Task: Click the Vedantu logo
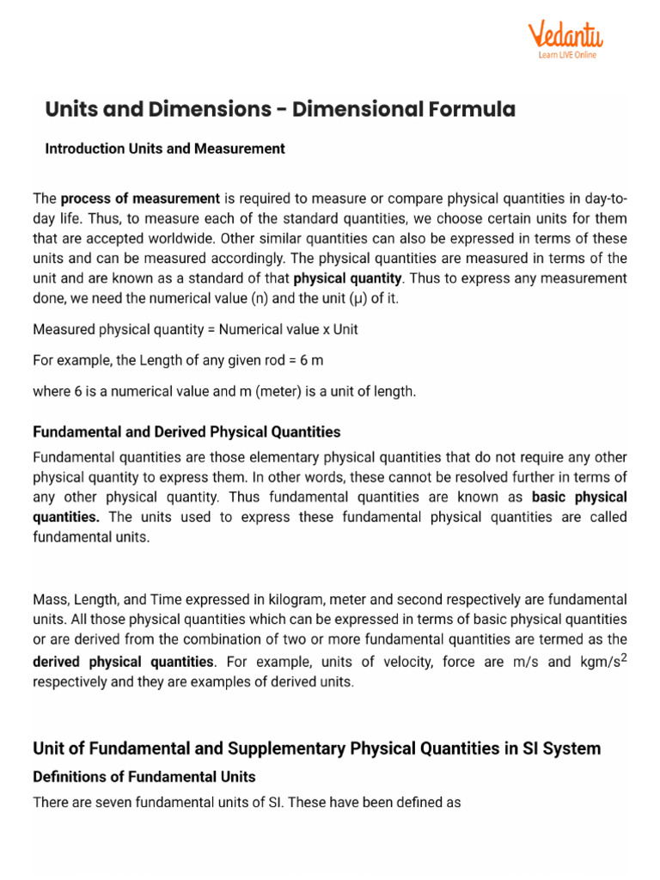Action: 565,36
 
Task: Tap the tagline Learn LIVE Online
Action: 567,56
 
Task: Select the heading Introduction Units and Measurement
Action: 164,149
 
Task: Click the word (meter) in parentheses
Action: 255,392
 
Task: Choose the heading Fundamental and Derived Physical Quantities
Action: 186,432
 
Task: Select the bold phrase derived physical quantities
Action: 123,662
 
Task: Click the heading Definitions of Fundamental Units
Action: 144,777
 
